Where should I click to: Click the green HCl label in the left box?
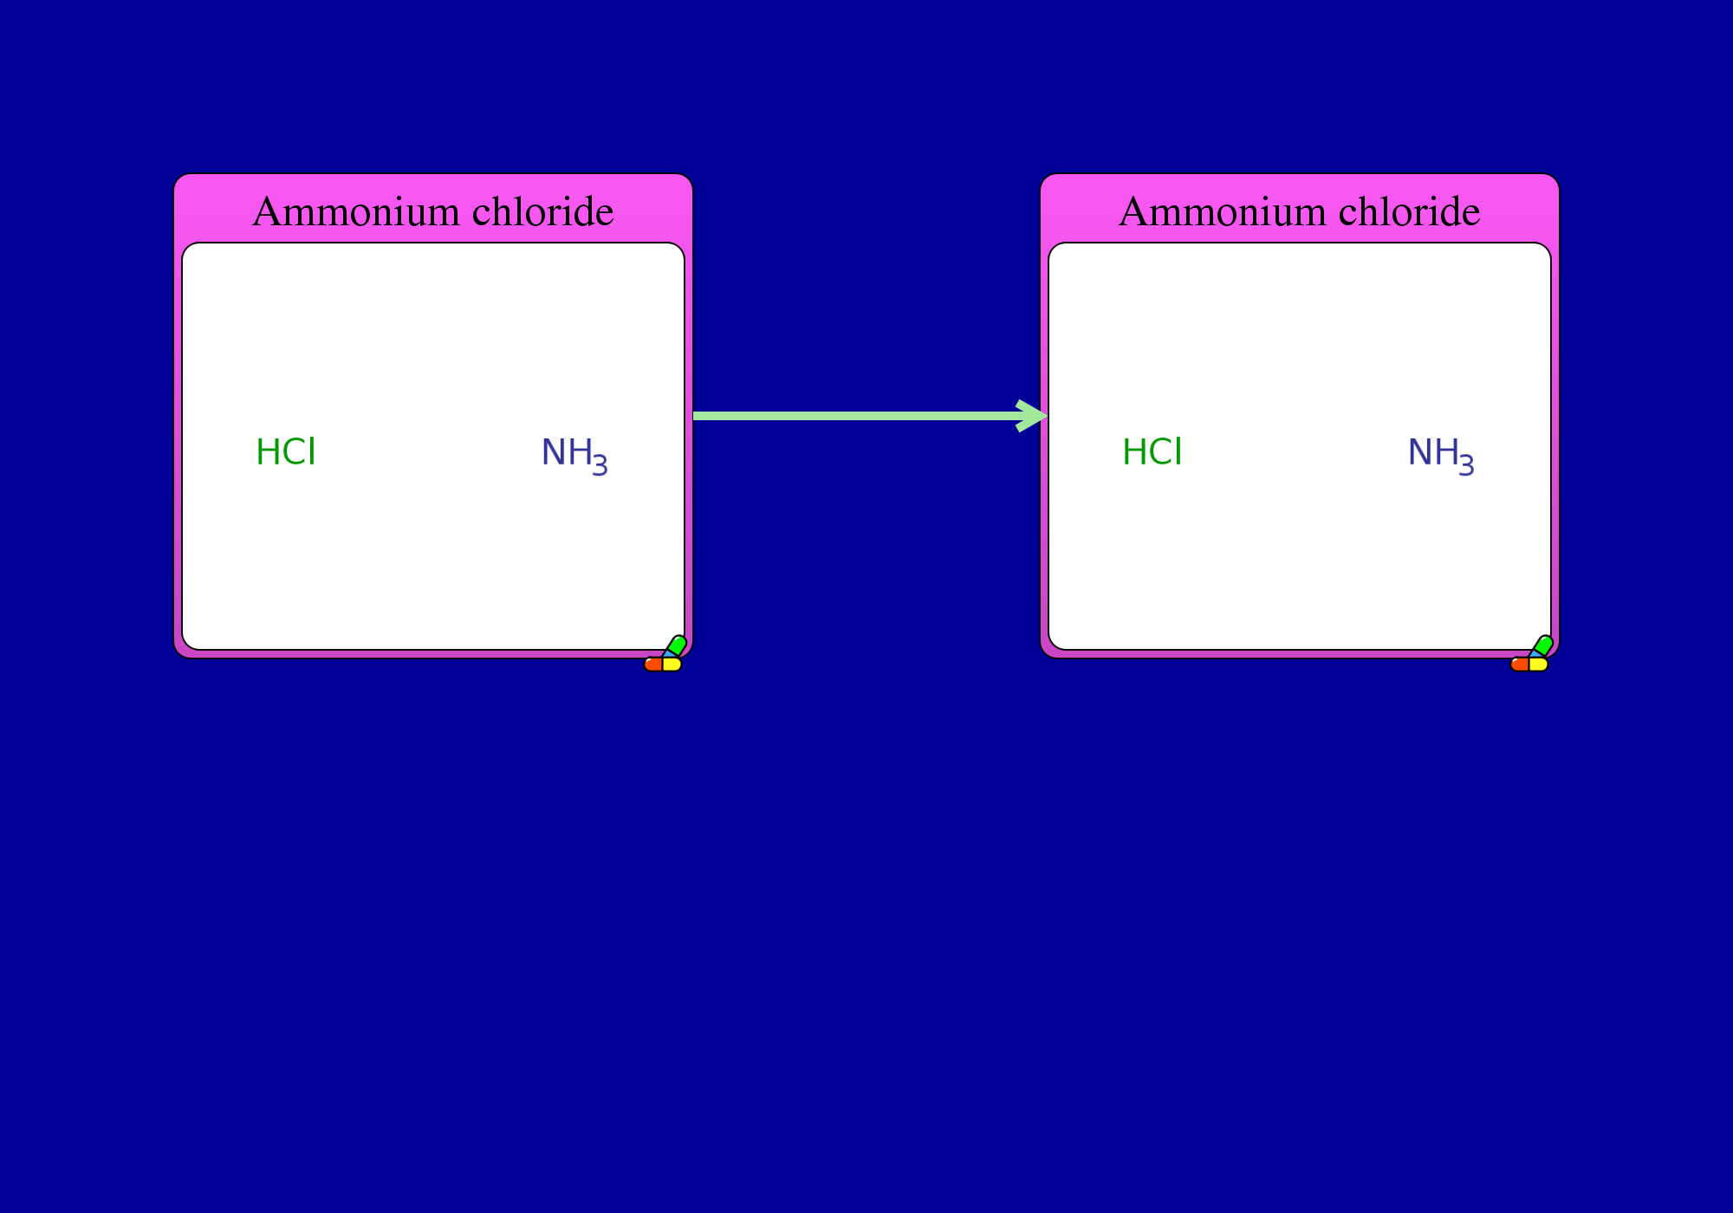point(286,452)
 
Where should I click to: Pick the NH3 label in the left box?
point(574,456)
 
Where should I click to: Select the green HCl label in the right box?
point(1152,452)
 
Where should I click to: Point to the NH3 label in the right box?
point(1441,456)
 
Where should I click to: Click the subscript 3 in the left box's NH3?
point(600,465)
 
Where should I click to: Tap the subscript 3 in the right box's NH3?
point(1466,465)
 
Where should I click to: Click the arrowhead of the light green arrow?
point(1033,416)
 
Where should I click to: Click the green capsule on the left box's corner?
point(676,646)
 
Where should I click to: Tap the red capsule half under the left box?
point(653,665)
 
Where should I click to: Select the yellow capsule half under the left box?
point(672,665)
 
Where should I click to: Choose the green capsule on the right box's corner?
point(1542,646)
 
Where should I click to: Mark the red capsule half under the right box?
point(1520,665)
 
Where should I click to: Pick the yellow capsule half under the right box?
point(1539,665)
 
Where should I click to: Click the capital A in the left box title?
point(267,212)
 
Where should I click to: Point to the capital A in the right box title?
point(1133,212)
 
